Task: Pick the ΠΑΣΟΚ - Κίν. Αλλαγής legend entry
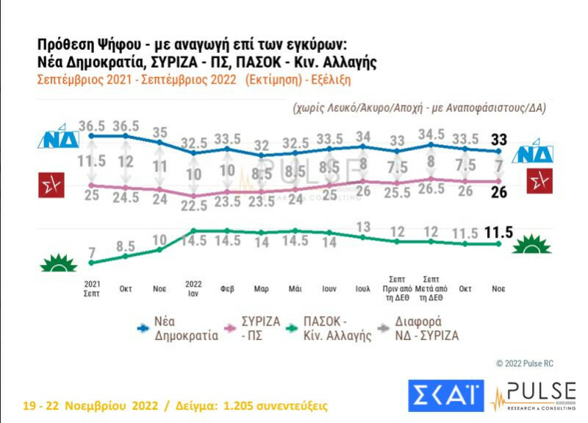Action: [x=332, y=327]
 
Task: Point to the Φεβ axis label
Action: [x=228, y=289]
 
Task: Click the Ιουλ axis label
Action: [x=362, y=289]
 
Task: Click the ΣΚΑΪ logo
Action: [x=446, y=397]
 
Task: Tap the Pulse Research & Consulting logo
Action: [x=534, y=397]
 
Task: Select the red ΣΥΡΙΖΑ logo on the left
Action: [x=51, y=184]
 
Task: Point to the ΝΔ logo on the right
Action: [x=534, y=153]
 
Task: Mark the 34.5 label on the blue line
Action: [x=432, y=134]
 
